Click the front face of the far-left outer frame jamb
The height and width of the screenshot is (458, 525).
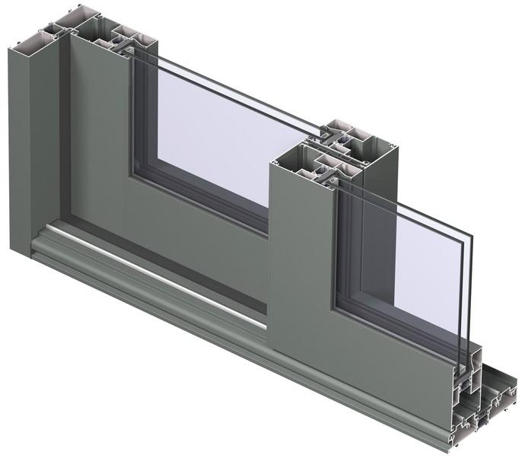(x=21, y=152)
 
